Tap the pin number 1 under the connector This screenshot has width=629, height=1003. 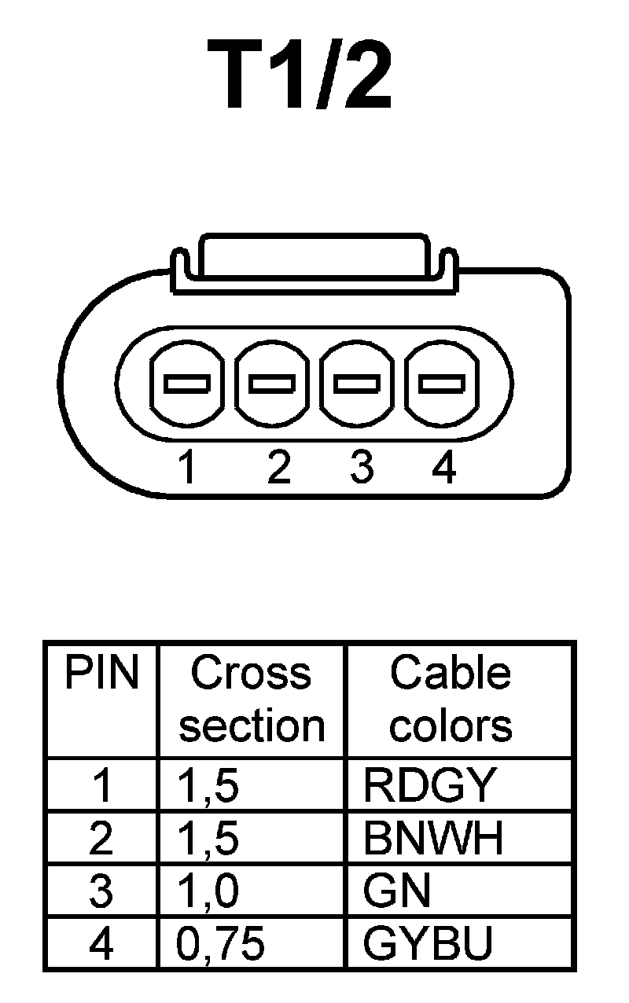point(186,468)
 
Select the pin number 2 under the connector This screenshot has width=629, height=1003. point(278,468)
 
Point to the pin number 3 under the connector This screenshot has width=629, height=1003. point(361,468)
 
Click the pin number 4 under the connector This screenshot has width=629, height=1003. point(444,468)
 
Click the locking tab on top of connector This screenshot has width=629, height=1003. point(314,255)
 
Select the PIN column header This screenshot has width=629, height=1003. point(101,674)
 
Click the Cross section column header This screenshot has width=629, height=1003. point(252,700)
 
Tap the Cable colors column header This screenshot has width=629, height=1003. point(451,700)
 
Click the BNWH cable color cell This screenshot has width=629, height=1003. point(433,838)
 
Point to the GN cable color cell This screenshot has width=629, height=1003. point(397,891)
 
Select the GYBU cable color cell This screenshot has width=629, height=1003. point(429,943)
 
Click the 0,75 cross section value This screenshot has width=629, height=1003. point(220,945)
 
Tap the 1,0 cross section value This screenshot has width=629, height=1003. point(208,892)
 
